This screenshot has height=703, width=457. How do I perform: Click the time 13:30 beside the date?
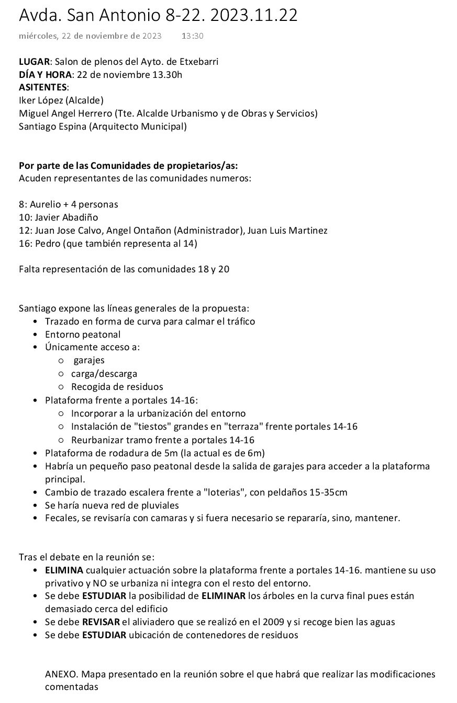coord(193,36)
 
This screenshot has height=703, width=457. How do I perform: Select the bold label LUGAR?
coord(34,62)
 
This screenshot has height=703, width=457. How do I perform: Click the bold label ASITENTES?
coord(43,87)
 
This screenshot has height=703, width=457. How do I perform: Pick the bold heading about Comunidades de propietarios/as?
coord(128,166)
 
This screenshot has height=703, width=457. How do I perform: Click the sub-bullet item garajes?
coord(89,360)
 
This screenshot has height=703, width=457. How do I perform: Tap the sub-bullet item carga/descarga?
coord(104,374)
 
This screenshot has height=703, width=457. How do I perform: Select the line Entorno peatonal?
coord(83,335)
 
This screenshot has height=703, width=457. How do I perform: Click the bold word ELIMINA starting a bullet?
coord(64,570)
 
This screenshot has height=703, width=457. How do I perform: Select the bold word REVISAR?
coord(101,622)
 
